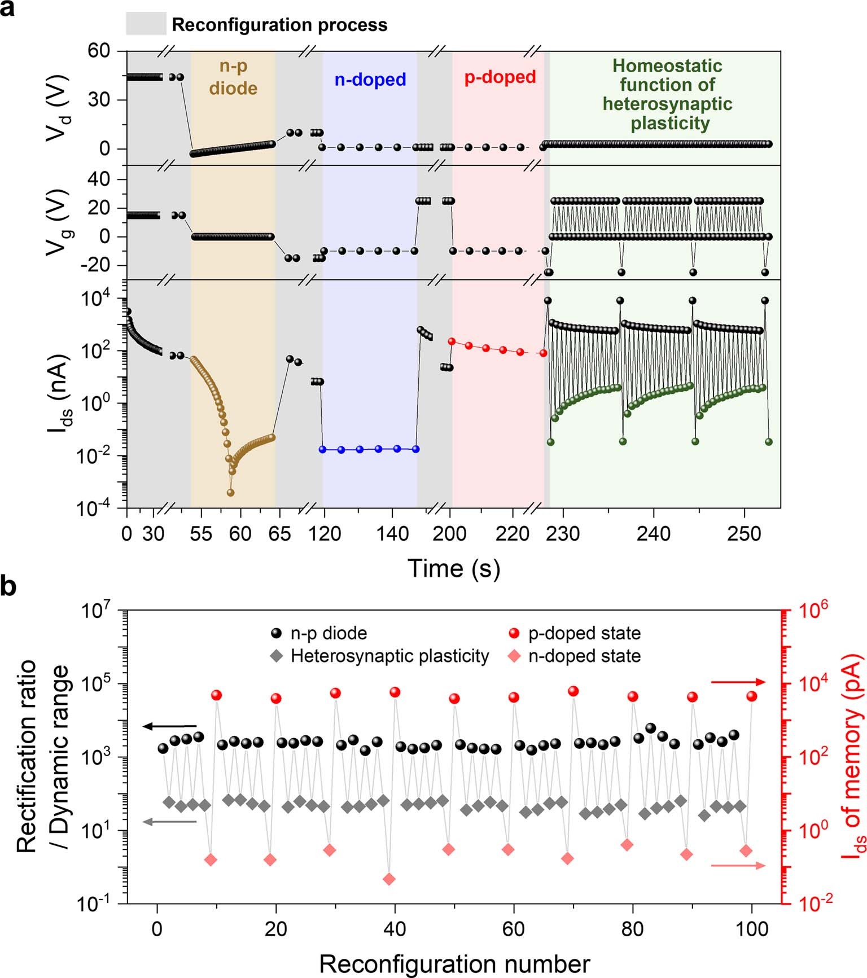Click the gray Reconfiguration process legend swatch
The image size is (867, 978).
click(x=146, y=24)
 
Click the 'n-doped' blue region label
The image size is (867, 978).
click(x=370, y=80)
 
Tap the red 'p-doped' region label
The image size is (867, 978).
click(x=500, y=77)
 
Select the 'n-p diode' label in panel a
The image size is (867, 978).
click(x=233, y=77)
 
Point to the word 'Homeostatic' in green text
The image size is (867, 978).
click(x=667, y=66)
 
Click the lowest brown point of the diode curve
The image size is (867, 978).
click(x=230, y=493)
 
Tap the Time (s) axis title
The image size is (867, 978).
click(x=454, y=568)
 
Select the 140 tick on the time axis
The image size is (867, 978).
click(x=392, y=533)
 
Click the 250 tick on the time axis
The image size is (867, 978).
click(x=744, y=533)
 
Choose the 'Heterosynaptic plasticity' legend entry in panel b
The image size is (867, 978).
click(x=389, y=656)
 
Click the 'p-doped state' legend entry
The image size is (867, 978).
click(x=584, y=633)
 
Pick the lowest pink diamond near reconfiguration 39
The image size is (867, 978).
click(x=388, y=879)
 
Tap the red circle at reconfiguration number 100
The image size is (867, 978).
click(x=752, y=696)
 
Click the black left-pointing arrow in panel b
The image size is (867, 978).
click(x=169, y=726)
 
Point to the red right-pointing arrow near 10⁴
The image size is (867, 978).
click(x=738, y=682)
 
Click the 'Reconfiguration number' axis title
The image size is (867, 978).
click(x=454, y=963)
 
